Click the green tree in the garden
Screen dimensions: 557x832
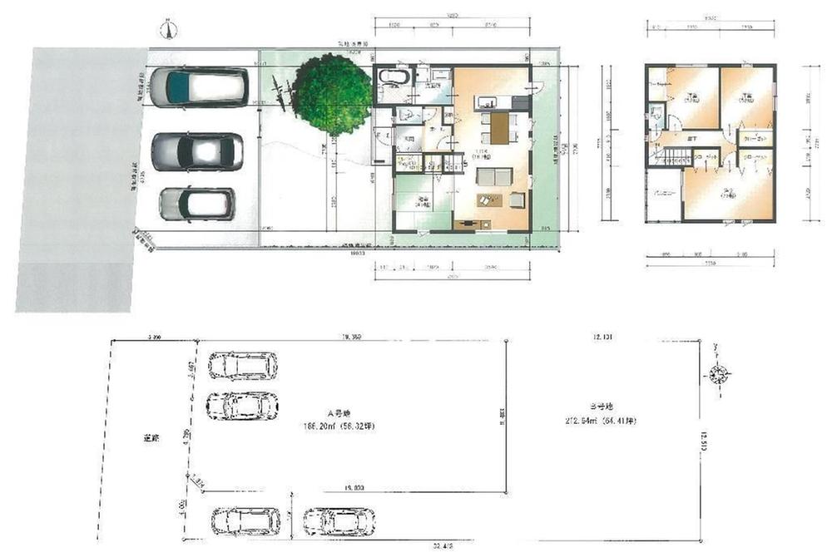tap(331, 93)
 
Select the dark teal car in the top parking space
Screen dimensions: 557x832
tap(199, 87)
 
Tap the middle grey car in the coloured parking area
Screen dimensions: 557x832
tap(197, 152)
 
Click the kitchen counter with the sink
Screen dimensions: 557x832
tap(493, 103)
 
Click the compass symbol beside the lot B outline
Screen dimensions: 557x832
tap(717, 374)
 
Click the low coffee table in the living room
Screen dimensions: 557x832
tap(487, 200)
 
